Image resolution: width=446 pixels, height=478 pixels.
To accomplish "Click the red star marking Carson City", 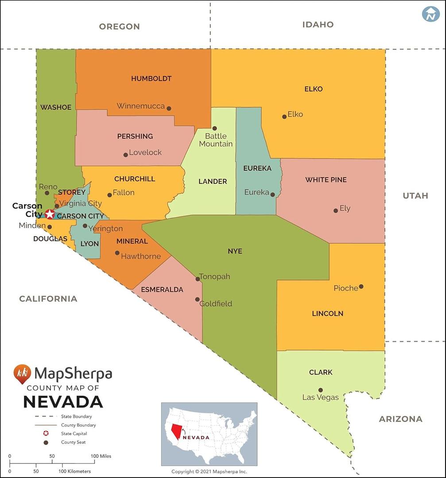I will [50, 214].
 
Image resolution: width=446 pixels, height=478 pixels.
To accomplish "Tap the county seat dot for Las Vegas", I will [321, 390].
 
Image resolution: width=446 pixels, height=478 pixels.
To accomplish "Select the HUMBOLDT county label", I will [151, 79].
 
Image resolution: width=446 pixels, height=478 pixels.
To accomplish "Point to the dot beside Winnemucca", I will [169, 108].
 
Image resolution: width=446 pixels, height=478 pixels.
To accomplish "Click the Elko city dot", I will [284, 117].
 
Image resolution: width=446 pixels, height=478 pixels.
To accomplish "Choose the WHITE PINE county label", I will [326, 180].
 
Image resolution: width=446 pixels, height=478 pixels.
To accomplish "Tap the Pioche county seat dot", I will [361, 286].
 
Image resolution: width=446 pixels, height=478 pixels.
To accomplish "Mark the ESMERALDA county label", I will [162, 290].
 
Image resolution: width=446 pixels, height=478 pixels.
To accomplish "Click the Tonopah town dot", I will [198, 279].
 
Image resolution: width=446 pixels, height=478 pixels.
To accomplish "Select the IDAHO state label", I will [318, 25].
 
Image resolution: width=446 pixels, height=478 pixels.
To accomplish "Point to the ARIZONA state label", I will [400, 419].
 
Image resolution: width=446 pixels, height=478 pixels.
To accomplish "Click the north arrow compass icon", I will [430, 14].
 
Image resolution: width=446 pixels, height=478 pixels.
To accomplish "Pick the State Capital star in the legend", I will [46, 434].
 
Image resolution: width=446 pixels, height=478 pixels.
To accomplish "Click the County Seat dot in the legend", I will [46, 442].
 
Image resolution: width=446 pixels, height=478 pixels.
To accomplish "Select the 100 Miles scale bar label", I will [101, 456].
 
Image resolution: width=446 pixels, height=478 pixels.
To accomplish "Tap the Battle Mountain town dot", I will [214, 128].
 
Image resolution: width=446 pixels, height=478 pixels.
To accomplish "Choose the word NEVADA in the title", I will [63, 402].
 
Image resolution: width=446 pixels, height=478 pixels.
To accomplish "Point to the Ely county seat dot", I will [336, 211].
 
